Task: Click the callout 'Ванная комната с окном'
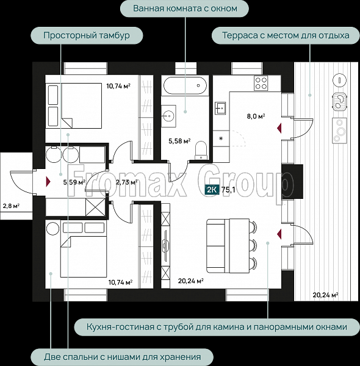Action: click(x=184, y=9)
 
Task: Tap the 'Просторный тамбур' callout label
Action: click(x=87, y=35)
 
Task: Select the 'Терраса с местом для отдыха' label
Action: click(x=286, y=35)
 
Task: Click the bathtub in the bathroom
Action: click(x=185, y=85)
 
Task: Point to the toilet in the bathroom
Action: click(x=201, y=150)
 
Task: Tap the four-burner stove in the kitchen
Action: click(x=261, y=83)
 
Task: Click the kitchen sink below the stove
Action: click(x=220, y=108)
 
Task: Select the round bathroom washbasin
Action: click(x=168, y=115)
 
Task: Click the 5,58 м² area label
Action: click(x=179, y=141)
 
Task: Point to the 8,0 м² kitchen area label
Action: click(x=256, y=116)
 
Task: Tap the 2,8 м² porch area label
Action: click(x=11, y=206)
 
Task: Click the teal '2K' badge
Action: click(x=212, y=190)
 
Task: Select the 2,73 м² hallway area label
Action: click(x=126, y=182)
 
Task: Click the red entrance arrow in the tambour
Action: click(x=48, y=182)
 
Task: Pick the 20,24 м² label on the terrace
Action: click(x=325, y=295)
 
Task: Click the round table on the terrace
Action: click(x=339, y=81)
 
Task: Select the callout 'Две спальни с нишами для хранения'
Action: click(x=122, y=357)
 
